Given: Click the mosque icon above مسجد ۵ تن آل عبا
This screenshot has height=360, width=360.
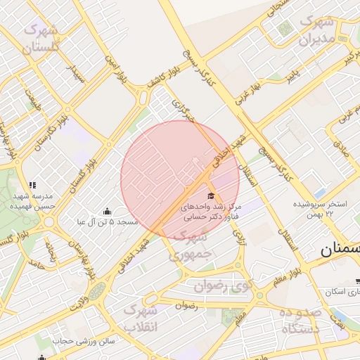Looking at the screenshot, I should tap(107, 211).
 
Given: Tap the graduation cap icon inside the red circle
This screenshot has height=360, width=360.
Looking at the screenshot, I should tap(210, 195).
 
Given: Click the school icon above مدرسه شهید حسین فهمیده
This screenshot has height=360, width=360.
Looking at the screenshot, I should tap(32, 186).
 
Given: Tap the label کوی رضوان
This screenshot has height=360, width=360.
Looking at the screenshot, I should tap(225, 286).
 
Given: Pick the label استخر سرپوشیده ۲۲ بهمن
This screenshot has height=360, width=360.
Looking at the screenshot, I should tap(321, 209).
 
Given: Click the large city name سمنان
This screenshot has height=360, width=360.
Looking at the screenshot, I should tap(340, 250).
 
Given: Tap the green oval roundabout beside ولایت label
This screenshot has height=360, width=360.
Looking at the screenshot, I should tap(96, 289).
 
